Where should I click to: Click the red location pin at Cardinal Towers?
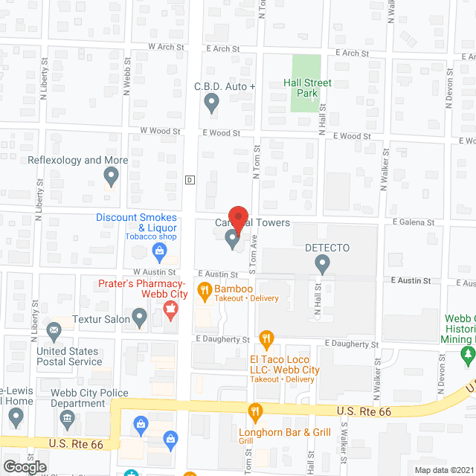click(237, 218)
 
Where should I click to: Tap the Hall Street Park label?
click(307, 88)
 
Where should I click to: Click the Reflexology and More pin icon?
click(111, 176)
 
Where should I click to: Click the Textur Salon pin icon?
click(139, 319)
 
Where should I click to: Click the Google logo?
click(25, 466)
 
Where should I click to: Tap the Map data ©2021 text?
click(444, 469)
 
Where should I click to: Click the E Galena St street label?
click(414, 222)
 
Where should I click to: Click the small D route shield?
click(190, 179)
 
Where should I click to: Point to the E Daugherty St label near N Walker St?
click(353, 345)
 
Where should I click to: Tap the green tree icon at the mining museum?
click(468, 356)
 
